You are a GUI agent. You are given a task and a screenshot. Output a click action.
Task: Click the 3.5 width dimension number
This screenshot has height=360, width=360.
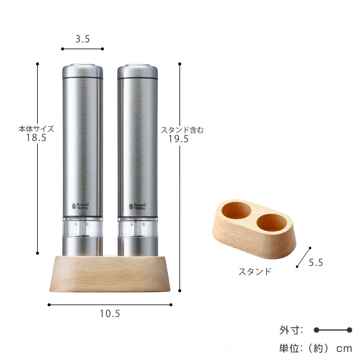coord(82,39)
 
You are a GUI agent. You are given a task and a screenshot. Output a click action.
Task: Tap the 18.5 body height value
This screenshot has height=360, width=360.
coord(36,138)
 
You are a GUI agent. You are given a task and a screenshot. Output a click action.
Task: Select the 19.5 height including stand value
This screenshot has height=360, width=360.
coord(178,139)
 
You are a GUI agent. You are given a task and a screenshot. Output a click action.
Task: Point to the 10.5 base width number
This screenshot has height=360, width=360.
coord(110,314)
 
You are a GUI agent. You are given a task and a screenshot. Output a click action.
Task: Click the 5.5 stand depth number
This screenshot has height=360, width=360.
coord(316,263)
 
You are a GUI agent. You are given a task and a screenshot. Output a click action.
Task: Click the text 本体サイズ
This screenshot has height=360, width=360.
coord(36,129)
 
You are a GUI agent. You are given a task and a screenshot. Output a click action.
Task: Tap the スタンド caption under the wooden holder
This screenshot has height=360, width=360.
coord(255,271)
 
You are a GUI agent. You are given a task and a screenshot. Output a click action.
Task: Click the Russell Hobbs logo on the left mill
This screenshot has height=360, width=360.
coord(80,206)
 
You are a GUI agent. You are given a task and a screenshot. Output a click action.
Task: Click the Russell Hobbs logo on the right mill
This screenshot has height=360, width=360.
coord(137,206)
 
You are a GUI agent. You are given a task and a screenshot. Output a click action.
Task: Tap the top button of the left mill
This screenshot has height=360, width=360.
coord(82,65)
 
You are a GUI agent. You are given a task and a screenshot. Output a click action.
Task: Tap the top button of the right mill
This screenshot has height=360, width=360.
coord(137,65)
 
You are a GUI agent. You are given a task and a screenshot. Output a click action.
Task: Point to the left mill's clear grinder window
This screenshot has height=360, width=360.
coord(82,227)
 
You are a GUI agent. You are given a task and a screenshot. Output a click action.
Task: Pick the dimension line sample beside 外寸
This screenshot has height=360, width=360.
coord(333,330)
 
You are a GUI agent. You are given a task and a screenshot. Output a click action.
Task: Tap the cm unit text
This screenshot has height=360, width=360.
coord(344,349)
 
